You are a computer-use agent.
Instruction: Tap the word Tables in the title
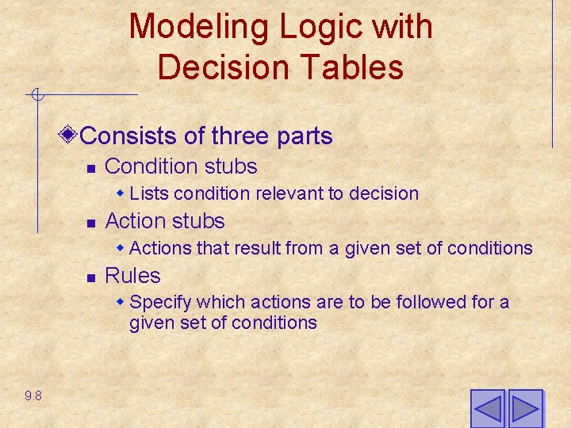click(x=358, y=67)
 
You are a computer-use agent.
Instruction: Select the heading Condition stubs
click(x=181, y=166)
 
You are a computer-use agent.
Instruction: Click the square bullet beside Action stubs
click(x=91, y=222)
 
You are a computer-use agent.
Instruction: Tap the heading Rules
click(x=132, y=276)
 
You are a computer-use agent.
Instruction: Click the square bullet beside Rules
click(x=91, y=277)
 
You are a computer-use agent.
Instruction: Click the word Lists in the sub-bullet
click(x=150, y=193)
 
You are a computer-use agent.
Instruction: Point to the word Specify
click(x=161, y=303)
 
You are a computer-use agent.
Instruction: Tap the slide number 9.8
click(x=33, y=396)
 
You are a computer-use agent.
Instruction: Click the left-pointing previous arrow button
click(x=487, y=408)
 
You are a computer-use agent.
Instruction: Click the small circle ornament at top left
click(x=36, y=95)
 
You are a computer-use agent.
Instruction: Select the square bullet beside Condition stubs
click(x=91, y=168)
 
